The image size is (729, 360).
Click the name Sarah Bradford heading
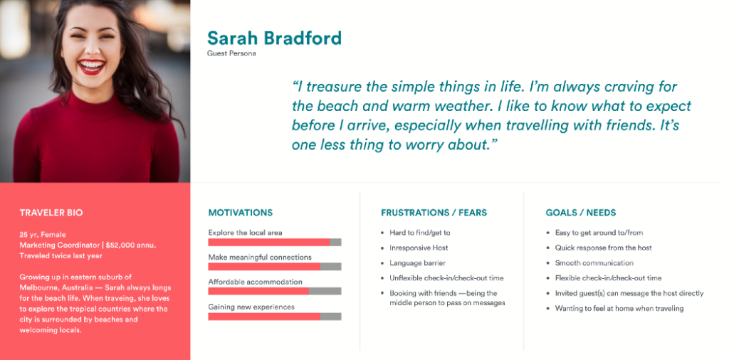274,38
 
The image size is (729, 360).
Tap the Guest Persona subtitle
231,53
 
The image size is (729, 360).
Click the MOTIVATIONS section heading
240,213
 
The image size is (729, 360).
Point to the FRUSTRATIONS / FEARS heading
434,213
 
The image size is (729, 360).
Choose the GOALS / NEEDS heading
580,213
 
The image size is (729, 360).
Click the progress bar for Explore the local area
274,242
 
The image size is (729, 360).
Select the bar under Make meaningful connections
274,267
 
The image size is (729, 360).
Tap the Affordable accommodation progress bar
274,291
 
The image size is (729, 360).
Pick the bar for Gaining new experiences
274,316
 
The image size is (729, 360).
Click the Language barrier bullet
417,263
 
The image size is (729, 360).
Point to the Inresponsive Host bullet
419,248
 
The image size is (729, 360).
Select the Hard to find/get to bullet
419,233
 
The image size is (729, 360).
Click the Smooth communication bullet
594,263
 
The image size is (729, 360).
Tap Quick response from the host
603,248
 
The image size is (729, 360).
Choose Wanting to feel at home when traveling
619,309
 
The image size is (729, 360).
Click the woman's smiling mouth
93,68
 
